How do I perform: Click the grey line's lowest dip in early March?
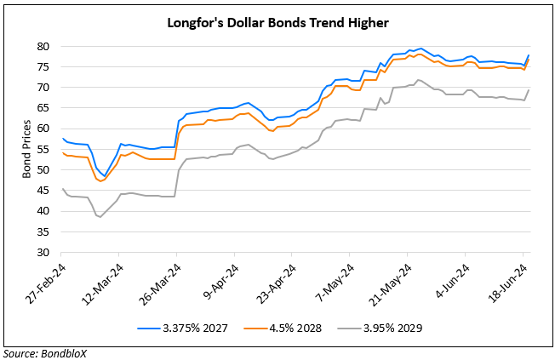pyautogui.click(x=101, y=217)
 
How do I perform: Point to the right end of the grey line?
pyautogui.click(x=529, y=90)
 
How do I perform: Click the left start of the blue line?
pyautogui.click(x=61, y=138)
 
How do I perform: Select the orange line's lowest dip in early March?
pyautogui.click(x=101, y=181)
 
